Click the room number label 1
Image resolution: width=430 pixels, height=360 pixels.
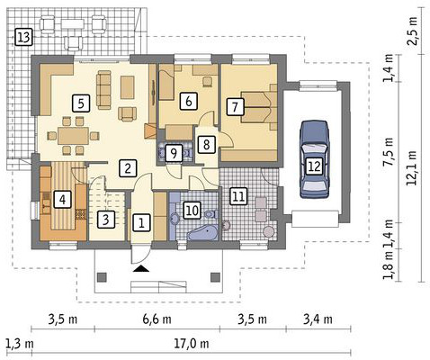141,220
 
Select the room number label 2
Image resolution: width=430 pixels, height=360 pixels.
129,167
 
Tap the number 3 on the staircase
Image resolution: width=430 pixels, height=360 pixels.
105,218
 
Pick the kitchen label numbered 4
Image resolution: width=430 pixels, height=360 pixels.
62,199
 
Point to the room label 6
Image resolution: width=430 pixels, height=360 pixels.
188,102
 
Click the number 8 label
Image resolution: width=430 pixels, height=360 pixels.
206,144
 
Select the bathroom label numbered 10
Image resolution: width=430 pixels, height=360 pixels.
192,210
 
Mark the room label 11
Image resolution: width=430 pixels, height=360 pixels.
237,194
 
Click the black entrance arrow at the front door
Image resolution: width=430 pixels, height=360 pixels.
140,267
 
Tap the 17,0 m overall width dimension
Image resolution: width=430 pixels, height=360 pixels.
187,344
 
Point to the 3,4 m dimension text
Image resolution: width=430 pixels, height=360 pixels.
317,319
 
